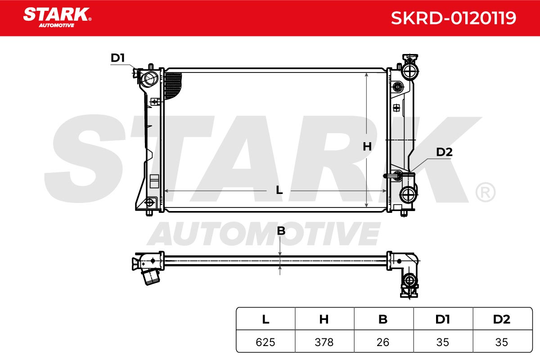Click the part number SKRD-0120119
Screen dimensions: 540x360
454,18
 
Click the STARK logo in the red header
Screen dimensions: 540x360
57,18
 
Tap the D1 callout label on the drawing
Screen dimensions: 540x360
117,58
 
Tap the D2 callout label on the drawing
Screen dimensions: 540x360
444,152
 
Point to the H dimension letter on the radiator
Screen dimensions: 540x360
367,147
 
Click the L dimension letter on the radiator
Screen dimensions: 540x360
279,190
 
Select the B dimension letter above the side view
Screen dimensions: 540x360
281,231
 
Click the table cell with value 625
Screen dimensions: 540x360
265,342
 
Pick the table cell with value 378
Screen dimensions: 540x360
324,342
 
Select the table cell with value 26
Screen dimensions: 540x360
383,342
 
